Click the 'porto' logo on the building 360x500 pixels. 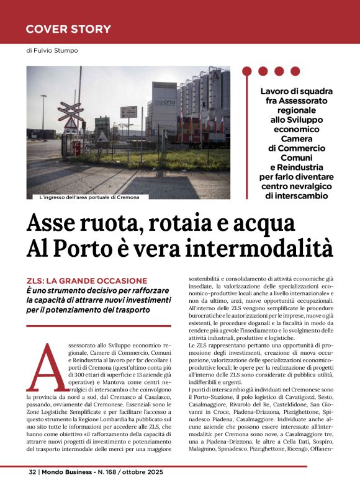[x=166, y=102]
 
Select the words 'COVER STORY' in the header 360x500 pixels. [x=68, y=29]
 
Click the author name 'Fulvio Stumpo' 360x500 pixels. [x=56, y=50]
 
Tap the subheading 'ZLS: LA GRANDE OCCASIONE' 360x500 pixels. [x=87, y=281]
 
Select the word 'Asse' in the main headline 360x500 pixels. [x=54, y=221]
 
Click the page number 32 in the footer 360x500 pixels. [x=33, y=488]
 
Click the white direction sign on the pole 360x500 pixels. [x=128, y=112]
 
